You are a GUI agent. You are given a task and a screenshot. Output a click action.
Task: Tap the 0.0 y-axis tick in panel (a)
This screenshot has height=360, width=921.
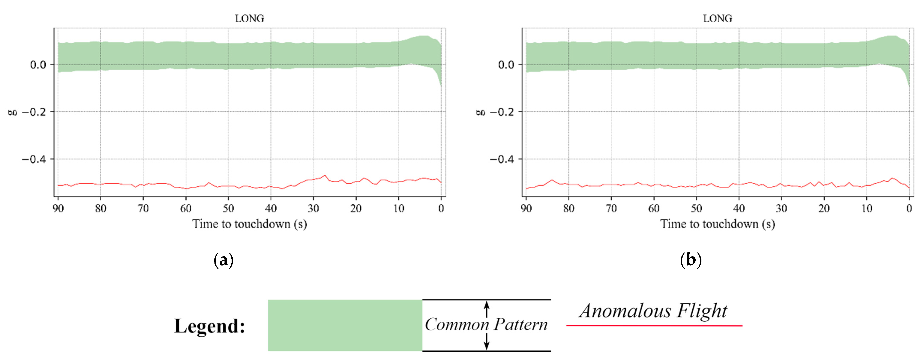click(x=38, y=65)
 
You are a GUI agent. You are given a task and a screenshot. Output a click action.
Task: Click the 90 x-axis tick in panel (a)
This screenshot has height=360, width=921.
click(x=58, y=208)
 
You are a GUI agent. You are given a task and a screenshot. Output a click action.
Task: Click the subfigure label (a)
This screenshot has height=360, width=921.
click(x=223, y=260)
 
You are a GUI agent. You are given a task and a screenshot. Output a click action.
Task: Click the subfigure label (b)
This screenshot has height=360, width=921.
click(x=690, y=260)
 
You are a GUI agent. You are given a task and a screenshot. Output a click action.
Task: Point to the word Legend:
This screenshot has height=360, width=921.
click(x=209, y=326)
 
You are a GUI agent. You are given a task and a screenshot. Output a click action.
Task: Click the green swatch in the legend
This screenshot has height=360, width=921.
click(x=345, y=325)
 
